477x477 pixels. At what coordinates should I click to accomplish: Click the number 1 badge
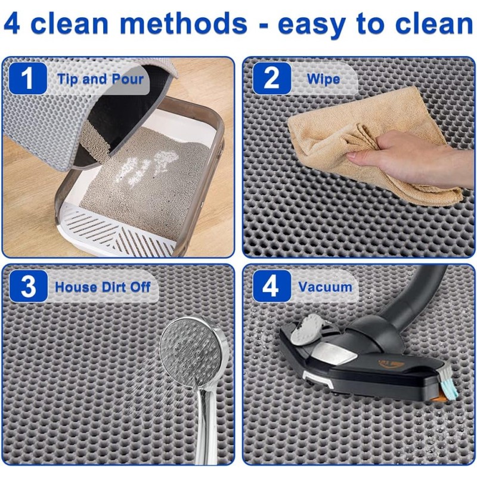click(28, 79)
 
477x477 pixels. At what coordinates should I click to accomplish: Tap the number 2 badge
click(272, 79)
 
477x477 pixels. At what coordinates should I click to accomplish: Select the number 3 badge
click(28, 286)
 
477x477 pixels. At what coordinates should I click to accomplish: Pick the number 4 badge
click(272, 286)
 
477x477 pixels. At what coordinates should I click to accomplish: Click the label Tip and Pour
click(100, 79)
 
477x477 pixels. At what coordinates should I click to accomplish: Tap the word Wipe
click(323, 79)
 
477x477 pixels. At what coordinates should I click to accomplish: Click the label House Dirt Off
click(103, 287)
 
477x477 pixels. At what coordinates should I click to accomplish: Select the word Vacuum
click(325, 287)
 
